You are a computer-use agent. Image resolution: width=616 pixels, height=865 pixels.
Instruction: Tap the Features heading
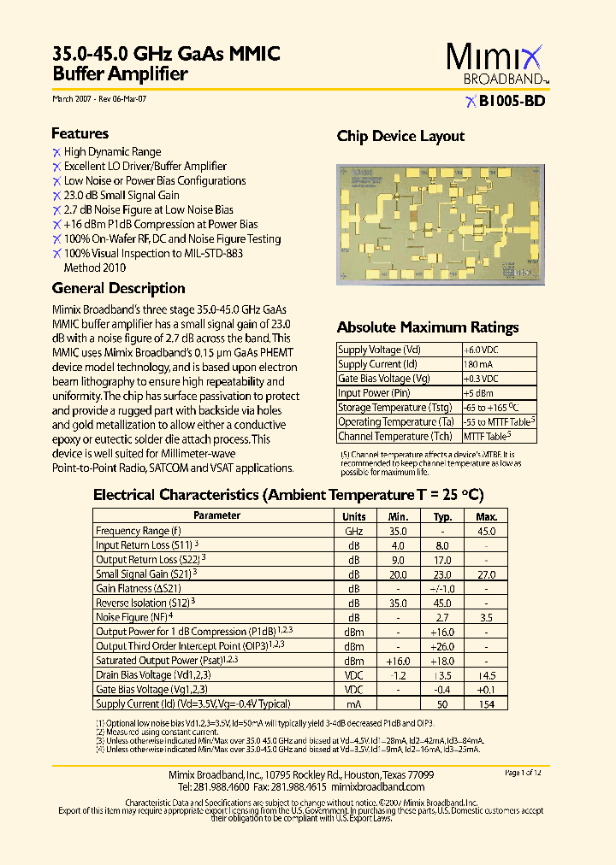pos(80,133)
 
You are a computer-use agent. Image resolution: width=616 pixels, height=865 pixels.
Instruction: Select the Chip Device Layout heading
pos(400,136)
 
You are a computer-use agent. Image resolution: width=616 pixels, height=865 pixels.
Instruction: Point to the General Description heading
pos(118,288)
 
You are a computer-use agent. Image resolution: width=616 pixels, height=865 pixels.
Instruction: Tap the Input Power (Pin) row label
pos(374,393)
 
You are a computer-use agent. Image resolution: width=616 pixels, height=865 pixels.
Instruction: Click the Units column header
pos(354,516)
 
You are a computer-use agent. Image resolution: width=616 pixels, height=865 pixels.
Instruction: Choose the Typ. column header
pos(442,516)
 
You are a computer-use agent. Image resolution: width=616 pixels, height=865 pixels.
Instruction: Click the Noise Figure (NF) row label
pos(132,617)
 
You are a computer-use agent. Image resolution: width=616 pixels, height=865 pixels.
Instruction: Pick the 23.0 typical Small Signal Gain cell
pos(442,574)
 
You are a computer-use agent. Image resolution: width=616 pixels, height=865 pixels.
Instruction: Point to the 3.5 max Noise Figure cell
pos(486,617)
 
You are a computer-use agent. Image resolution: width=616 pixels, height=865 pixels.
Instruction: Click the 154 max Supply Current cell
pos(486,703)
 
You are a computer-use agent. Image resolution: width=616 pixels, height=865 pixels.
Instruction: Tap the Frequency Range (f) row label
pos(138,531)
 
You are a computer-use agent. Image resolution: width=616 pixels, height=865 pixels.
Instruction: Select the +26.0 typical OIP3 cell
pos(442,646)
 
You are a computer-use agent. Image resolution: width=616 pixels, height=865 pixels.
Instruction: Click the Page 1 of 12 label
pos(523,773)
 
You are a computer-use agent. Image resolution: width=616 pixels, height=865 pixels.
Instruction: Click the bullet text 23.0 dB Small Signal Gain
pos(121,195)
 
